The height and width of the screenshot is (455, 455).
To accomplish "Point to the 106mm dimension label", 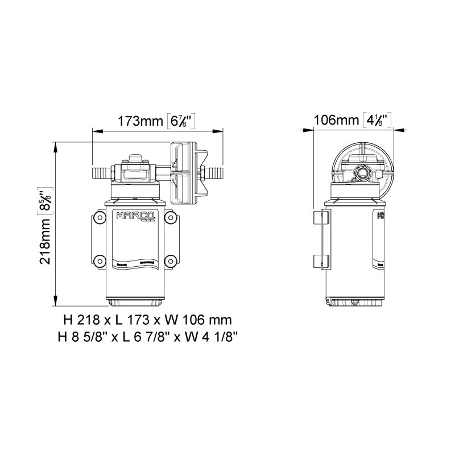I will coord(337,120).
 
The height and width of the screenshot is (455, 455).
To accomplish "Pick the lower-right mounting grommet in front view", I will coord(168,261).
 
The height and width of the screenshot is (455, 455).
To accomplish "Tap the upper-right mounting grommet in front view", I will coord(168,218).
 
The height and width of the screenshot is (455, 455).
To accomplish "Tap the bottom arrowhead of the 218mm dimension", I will coord(55,301).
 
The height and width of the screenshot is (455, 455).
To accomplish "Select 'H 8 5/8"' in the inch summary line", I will coord(81,336).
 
